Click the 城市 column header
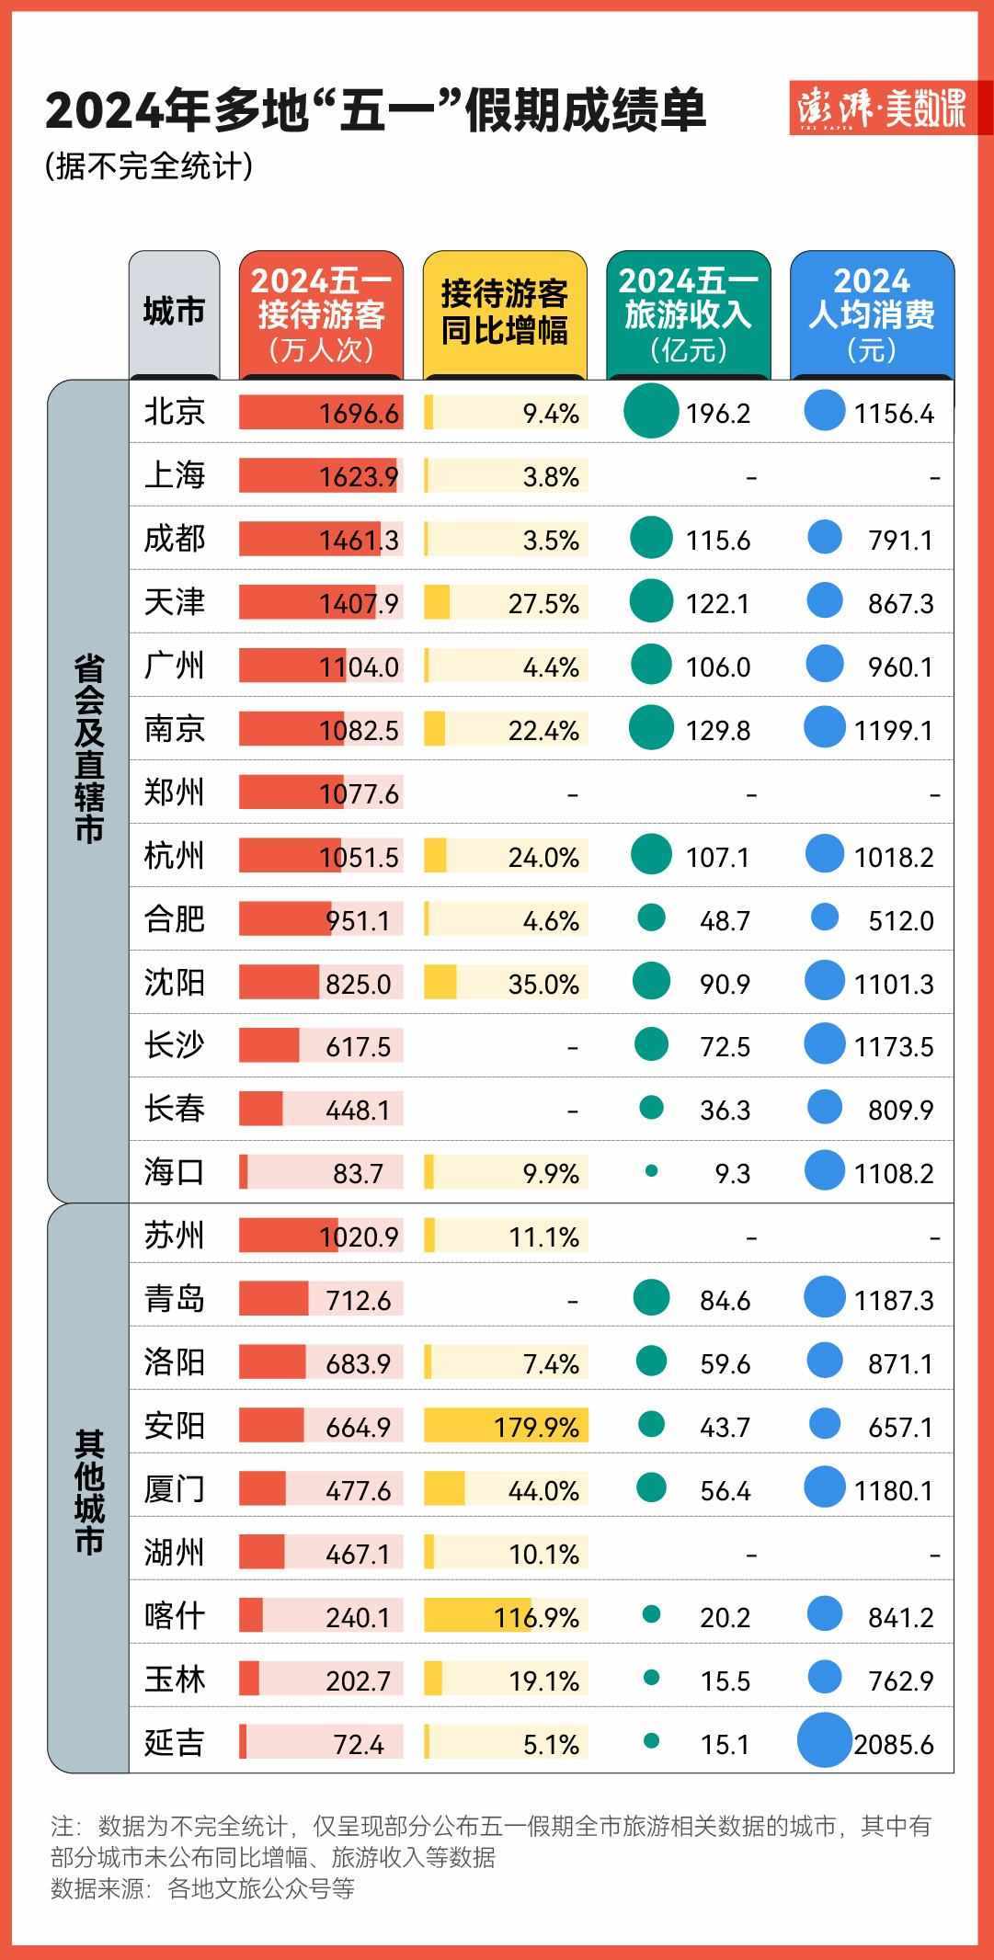coord(174,312)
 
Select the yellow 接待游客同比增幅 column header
coord(504,313)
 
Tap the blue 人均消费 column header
coord(871,313)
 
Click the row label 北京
coord(174,412)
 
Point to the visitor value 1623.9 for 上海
coord(360,476)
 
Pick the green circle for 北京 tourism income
coord(651,411)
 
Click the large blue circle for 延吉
coord(824,1740)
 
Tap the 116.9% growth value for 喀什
coord(537,1617)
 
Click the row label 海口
coord(174,1172)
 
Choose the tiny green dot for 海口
coord(651,1171)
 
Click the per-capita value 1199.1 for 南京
coord(893,730)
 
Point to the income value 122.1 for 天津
coord(717,603)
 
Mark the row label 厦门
coord(174,1489)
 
